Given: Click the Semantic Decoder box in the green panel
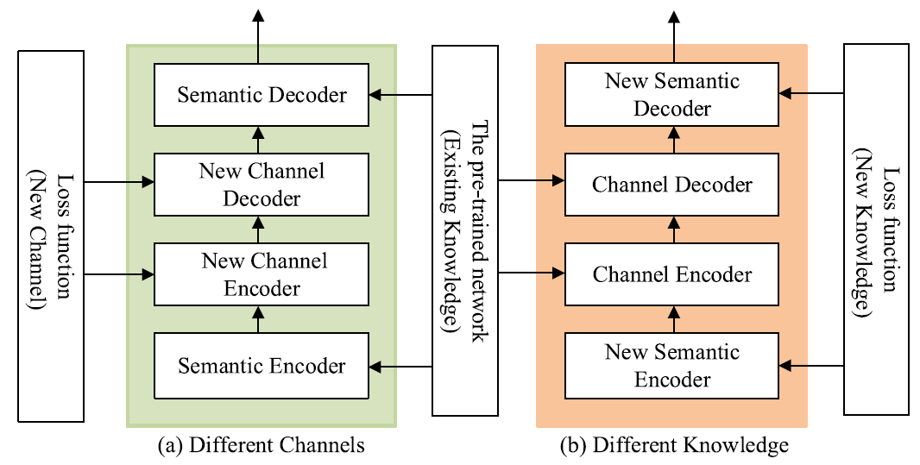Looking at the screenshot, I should tap(262, 94).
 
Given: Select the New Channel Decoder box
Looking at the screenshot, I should tap(262, 184).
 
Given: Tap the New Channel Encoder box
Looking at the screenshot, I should tap(262, 274).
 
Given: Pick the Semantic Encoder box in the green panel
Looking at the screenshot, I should tap(262, 366).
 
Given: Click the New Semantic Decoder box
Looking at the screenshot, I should tap(672, 94).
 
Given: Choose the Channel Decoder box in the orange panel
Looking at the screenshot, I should tap(672, 184).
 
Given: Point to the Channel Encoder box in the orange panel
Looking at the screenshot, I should tap(672, 274).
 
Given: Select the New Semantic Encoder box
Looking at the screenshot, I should tap(672, 366).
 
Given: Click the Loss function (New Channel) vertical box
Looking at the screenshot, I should tap(51, 236).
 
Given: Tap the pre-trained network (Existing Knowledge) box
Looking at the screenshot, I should tap(464, 229).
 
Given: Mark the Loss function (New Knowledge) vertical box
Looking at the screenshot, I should tap(875, 229).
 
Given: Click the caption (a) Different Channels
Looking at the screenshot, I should tap(262, 445).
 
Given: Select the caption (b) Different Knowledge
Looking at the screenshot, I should tap(672, 445).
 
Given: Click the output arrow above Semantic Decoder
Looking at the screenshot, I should tap(258, 35).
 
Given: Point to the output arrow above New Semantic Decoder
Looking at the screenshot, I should tap(672, 35).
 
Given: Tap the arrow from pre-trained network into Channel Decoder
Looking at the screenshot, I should tap(531, 181).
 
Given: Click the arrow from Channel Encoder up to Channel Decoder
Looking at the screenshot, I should tap(672, 229).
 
